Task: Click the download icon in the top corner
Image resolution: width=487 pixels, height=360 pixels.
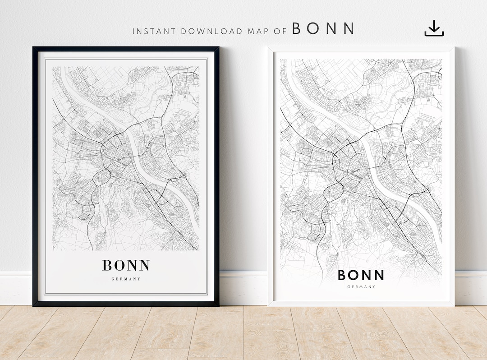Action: click(434, 28)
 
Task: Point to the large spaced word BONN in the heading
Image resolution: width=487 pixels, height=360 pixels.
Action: click(323, 29)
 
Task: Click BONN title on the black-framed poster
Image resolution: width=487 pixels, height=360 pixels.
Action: click(126, 265)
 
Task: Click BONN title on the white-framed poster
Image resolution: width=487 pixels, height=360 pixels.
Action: click(361, 275)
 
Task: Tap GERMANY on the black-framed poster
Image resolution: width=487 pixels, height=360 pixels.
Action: click(126, 279)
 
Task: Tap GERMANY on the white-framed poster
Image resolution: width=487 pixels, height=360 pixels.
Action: click(361, 286)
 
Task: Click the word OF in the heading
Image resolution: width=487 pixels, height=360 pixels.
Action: click(280, 32)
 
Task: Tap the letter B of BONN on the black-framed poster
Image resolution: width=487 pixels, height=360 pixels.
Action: click(107, 265)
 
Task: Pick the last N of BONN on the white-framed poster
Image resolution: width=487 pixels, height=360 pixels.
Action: click(378, 275)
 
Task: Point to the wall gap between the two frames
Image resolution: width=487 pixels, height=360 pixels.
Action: click(243, 158)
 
